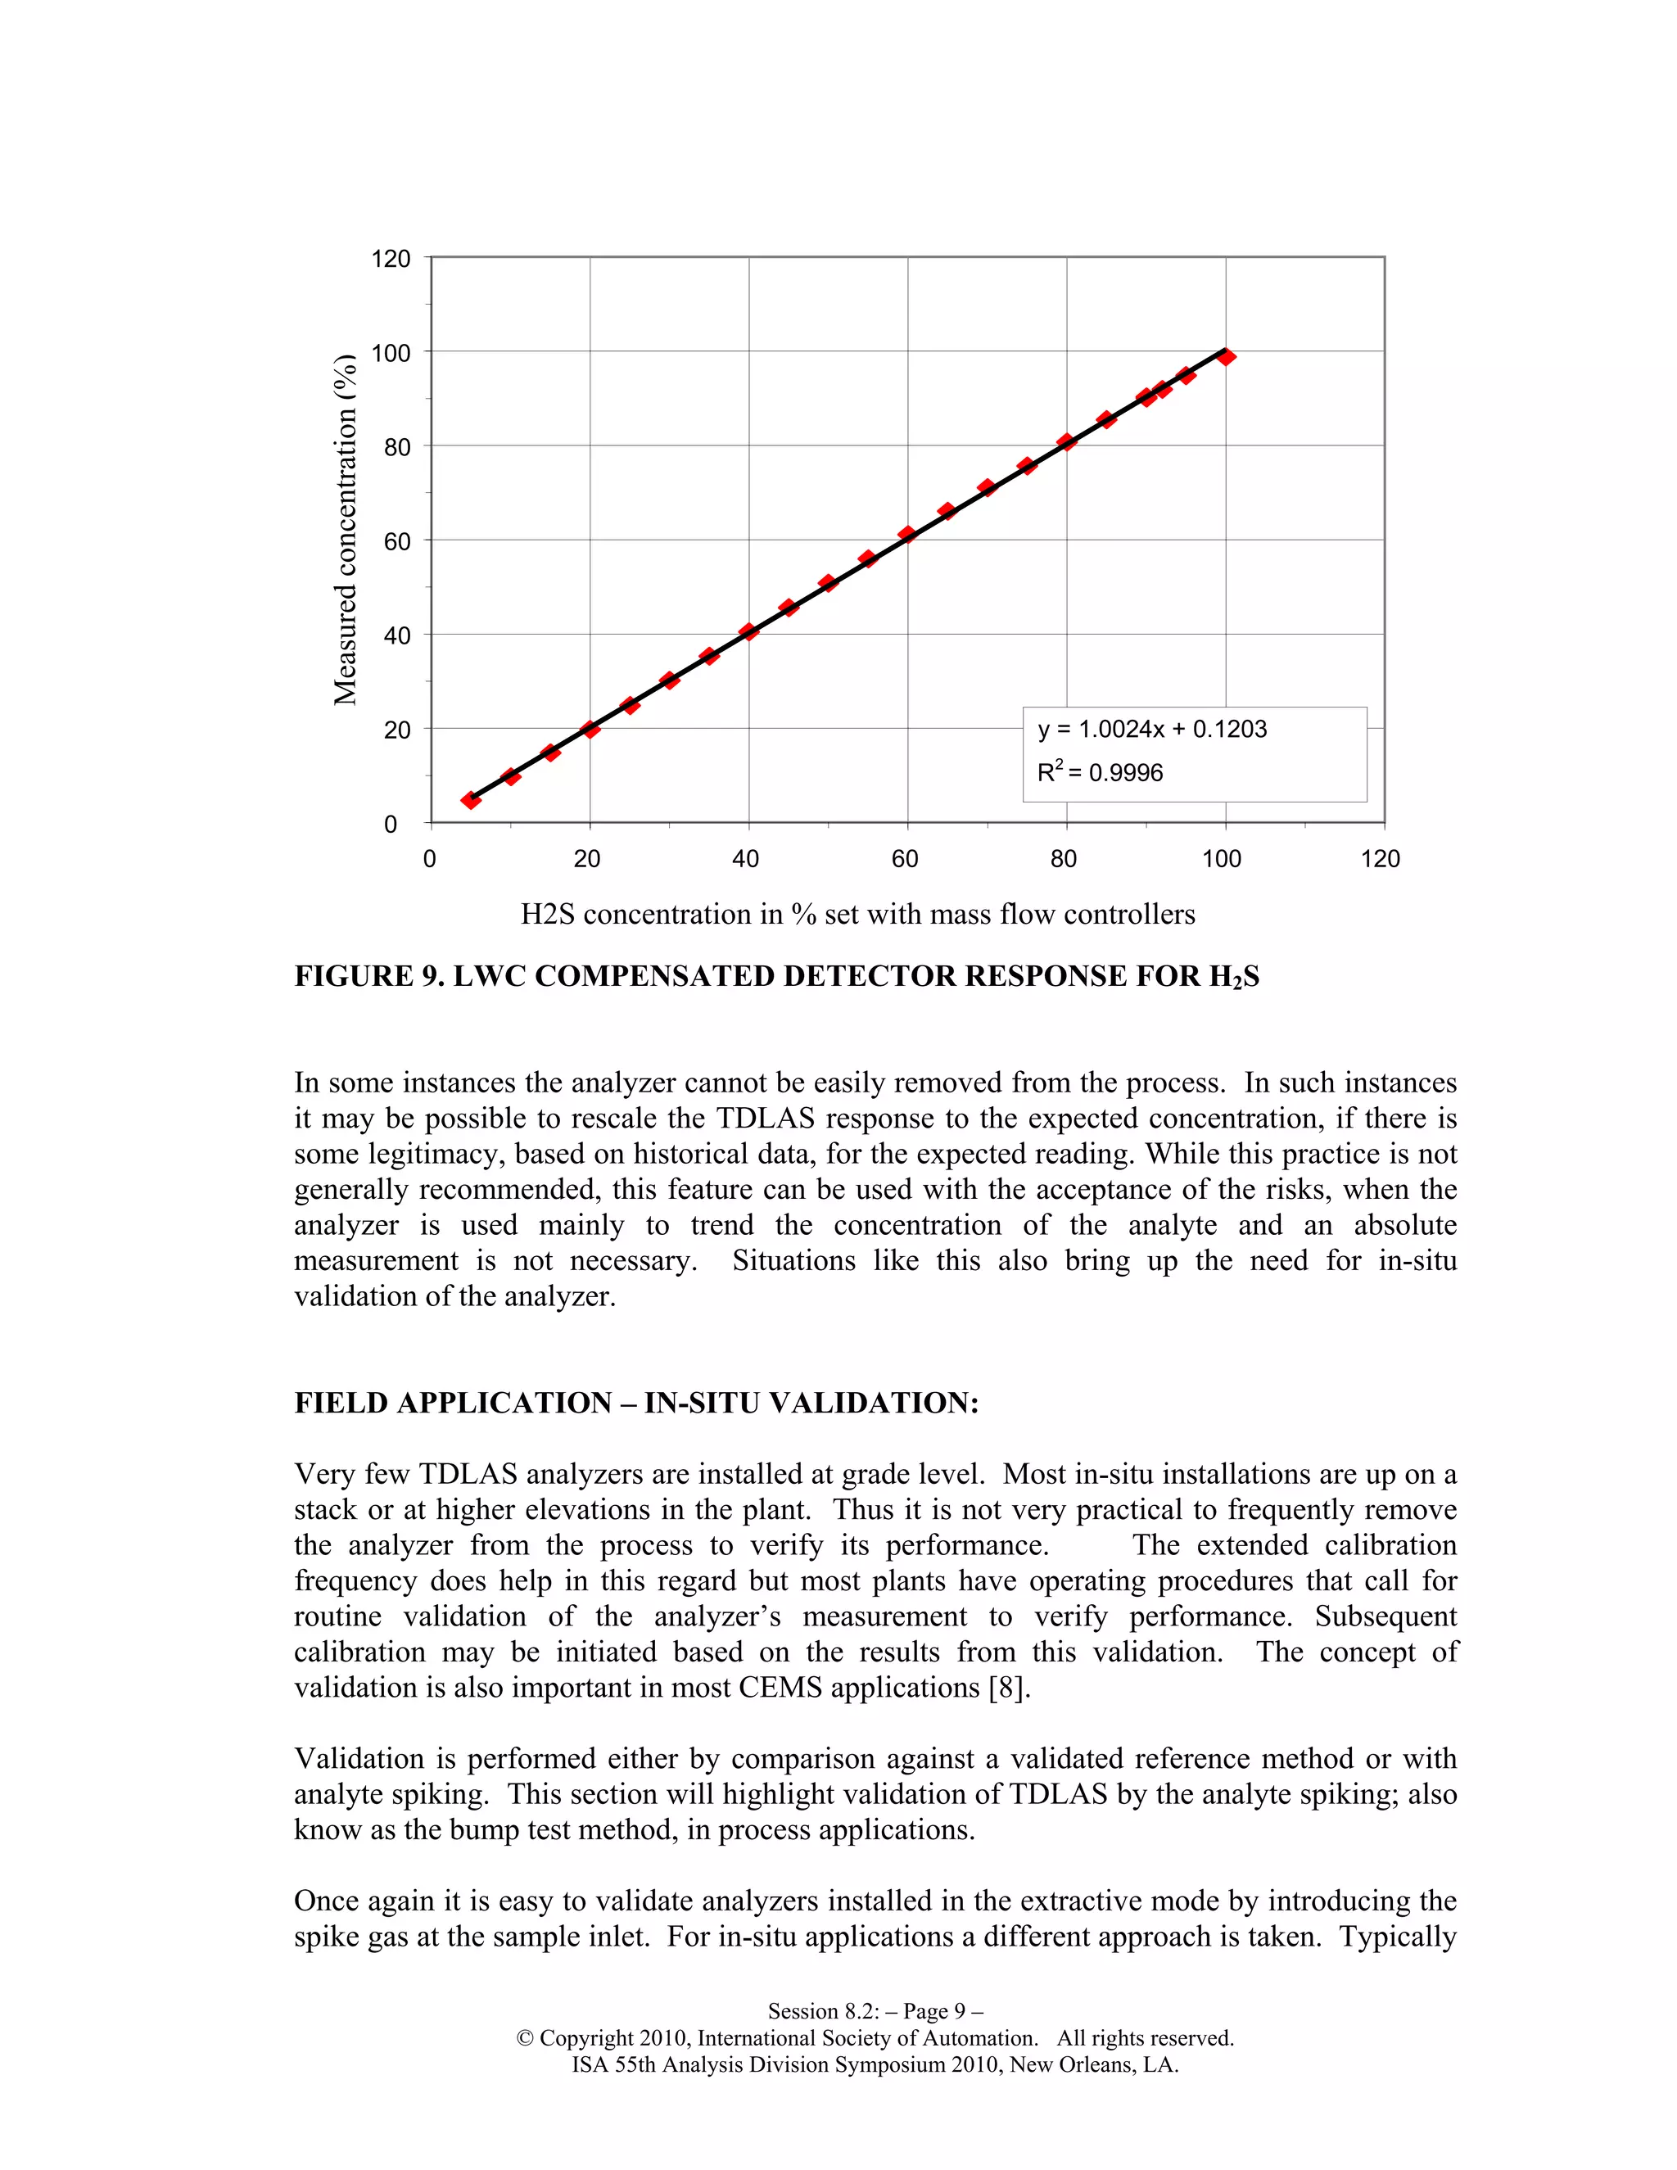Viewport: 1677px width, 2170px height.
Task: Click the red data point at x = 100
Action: [1226, 357]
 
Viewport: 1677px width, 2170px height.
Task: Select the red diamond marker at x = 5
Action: [471, 800]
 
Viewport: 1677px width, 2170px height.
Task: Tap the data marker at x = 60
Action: [907, 535]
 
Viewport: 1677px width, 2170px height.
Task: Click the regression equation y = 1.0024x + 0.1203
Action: [1152, 730]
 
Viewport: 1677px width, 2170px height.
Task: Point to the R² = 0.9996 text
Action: [1100, 772]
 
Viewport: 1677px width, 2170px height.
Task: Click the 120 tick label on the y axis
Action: [391, 260]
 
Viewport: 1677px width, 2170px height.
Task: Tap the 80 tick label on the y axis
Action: [396, 447]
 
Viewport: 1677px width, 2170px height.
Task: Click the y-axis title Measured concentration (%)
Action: [346, 530]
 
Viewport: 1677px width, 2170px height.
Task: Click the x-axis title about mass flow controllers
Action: [857, 914]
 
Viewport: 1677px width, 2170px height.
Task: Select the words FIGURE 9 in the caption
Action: [368, 977]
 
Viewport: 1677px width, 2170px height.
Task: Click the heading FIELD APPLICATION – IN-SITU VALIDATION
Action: [635, 1403]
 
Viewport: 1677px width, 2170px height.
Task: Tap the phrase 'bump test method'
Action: [564, 1830]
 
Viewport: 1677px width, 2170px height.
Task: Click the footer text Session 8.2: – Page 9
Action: [875, 2011]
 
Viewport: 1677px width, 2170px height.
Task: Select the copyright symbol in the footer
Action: [526, 2039]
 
